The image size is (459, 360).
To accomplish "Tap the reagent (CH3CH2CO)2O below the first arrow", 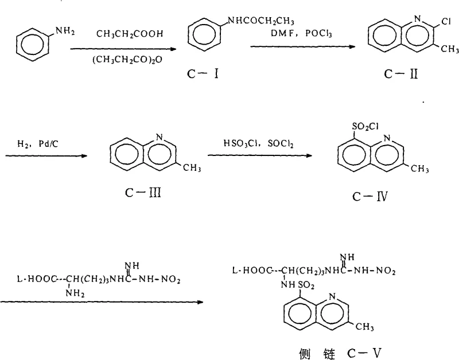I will [127, 58].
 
